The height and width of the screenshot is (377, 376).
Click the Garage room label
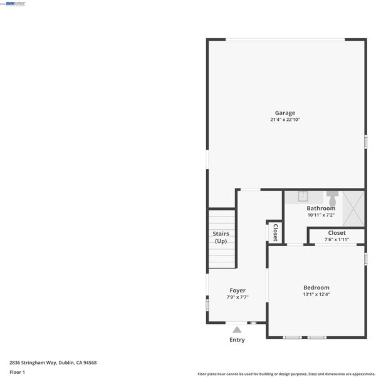pyautogui.click(x=285, y=113)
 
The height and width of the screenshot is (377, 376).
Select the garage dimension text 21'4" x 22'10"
pyautogui.click(x=285, y=120)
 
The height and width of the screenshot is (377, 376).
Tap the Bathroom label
pyautogui.click(x=321, y=208)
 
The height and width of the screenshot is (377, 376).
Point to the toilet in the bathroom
pyautogui.click(x=333, y=199)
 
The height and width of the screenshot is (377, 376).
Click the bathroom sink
pyautogui.click(x=303, y=197)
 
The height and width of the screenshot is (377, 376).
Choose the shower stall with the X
pyautogui.click(x=353, y=209)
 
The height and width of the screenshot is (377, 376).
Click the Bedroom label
pyautogui.click(x=316, y=287)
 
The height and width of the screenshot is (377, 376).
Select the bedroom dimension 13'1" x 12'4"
pyautogui.click(x=316, y=294)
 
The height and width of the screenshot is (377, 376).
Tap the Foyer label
pyautogui.click(x=238, y=291)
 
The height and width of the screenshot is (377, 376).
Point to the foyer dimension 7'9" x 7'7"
pyautogui.click(x=238, y=297)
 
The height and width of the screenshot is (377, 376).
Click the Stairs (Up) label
pyautogui.click(x=221, y=237)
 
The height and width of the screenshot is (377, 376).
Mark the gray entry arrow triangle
pyautogui.click(x=237, y=329)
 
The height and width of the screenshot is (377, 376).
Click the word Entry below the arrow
pyautogui.click(x=237, y=339)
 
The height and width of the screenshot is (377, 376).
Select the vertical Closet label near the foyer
pyautogui.click(x=276, y=232)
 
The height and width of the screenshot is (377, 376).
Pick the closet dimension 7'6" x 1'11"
pyautogui.click(x=337, y=239)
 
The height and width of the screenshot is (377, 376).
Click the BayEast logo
pyautogui.click(x=16, y=4)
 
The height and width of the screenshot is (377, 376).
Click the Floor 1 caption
pyautogui.click(x=17, y=372)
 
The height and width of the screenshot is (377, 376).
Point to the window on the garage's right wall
pyautogui.click(x=365, y=142)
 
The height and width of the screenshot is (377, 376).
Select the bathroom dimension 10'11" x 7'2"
pyautogui.click(x=321, y=215)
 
